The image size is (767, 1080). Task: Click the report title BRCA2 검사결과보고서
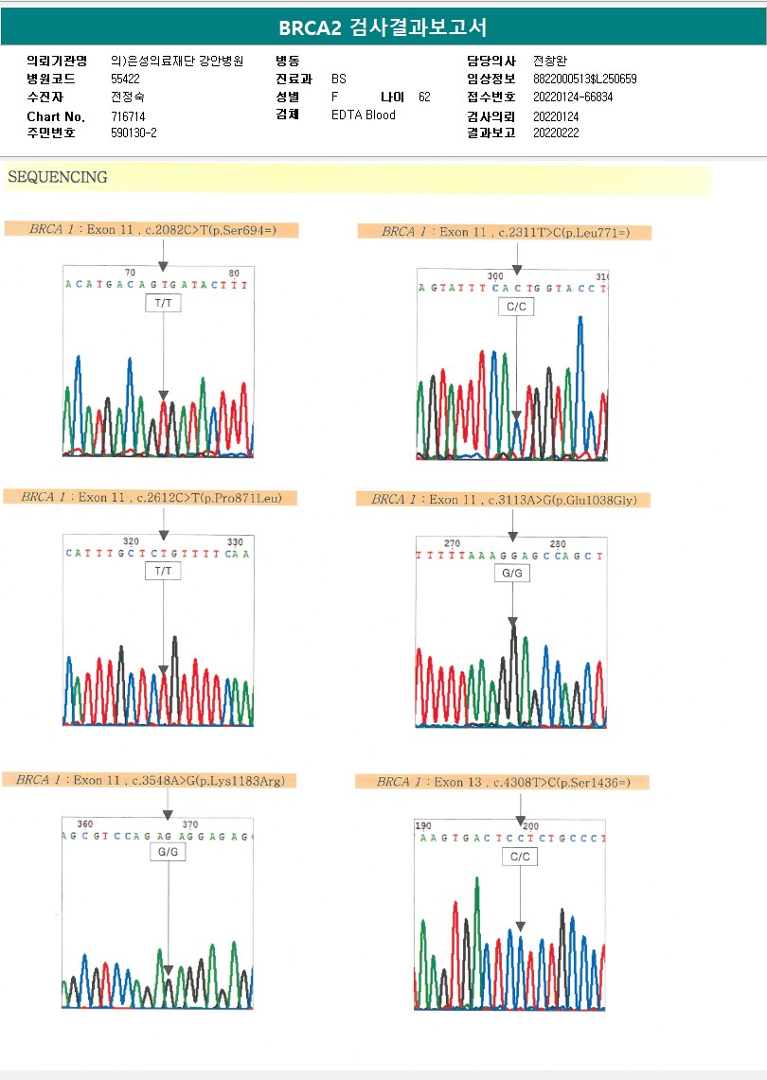pos(383,27)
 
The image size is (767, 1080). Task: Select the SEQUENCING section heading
pos(57,177)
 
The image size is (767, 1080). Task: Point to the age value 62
pos(424,97)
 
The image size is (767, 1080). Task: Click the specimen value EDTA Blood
pos(364,115)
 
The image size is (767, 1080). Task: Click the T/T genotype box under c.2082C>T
pos(163,304)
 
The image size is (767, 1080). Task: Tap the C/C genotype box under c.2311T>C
pos(516,307)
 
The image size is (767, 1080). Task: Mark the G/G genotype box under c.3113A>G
pos(512,573)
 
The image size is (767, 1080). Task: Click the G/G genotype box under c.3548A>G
pos(168,852)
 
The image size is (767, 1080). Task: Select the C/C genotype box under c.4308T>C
pos(520,856)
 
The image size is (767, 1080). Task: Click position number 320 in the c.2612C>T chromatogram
pos(131,541)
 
